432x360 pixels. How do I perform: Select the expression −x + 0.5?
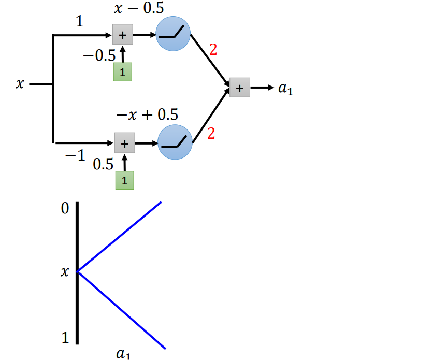tap(147, 113)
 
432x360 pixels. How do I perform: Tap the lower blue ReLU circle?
tap(175, 142)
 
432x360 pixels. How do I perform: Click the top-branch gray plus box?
tap(123, 35)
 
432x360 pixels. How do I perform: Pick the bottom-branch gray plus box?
tap(124, 142)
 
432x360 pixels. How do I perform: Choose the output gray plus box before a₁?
tap(239, 88)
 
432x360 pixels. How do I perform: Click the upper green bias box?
tap(123, 72)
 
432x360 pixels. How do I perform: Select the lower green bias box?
tap(124, 180)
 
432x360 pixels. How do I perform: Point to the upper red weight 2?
tap(212, 50)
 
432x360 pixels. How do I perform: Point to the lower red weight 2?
tap(211, 134)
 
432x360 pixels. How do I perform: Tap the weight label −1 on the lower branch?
tap(76, 156)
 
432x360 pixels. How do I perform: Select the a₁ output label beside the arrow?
tap(285, 89)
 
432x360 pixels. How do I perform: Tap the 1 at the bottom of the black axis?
tap(65, 338)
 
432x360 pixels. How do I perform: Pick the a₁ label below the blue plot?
tap(123, 355)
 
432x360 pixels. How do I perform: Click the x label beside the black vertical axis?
tap(64, 271)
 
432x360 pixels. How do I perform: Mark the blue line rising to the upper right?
tap(120, 236)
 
